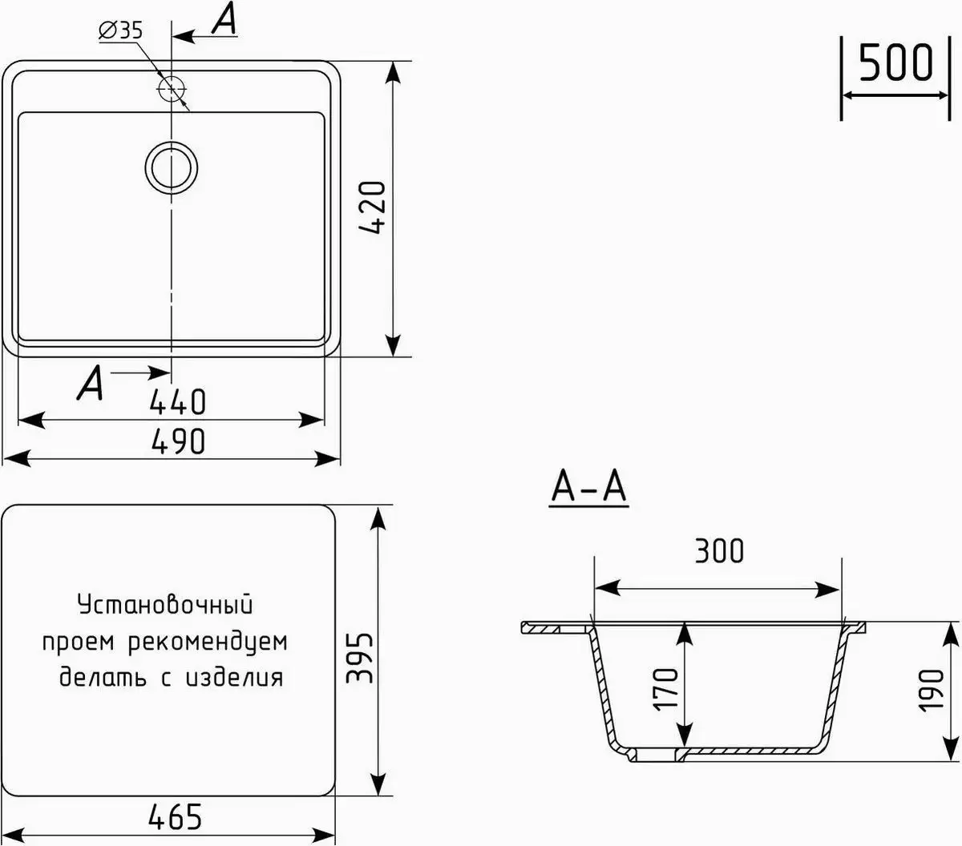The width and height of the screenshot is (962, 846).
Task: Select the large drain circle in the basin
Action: [171, 167]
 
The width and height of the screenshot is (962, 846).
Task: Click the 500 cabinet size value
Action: [895, 64]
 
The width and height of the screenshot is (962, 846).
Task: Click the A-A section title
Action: [589, 488]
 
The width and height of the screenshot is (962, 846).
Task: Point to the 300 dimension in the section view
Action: [718, 551]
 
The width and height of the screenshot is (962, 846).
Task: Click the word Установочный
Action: [165, 605]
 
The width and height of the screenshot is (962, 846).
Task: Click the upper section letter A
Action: [224, 22]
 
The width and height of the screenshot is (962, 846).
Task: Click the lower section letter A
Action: [90, 385]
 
